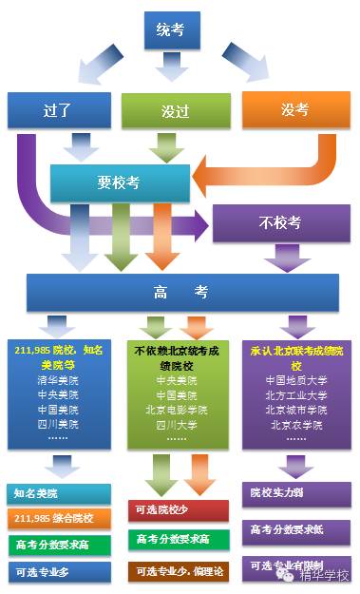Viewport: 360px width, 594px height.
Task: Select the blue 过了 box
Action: [x=60, y=110]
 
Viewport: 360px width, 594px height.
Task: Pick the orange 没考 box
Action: [x=294, y=110]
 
